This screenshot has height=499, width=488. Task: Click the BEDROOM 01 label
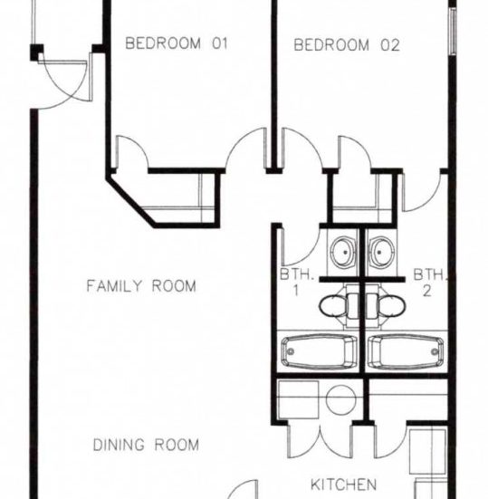point(177,43)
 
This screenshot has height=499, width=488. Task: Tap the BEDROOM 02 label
point(347,45)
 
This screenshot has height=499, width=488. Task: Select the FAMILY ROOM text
point(141,286)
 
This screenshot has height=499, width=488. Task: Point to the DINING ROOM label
point(146,445)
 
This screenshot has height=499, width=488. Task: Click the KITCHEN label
point(343,485)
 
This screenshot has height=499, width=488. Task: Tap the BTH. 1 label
point(296,283)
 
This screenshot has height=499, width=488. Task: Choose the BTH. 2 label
point(429,283)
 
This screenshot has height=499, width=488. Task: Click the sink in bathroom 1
point(343,252)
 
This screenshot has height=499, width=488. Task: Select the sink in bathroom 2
point(381,252)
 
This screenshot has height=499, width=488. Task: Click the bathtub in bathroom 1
point(319,351)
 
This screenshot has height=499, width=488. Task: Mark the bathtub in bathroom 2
point(406,351)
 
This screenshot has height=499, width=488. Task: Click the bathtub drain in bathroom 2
point(435,351)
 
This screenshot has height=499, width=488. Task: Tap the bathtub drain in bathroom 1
point(291,351)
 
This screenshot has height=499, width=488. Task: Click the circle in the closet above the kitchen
point(340,400)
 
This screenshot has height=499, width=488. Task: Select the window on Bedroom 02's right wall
point(453,31)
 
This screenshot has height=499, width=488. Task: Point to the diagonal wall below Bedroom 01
point(130,201)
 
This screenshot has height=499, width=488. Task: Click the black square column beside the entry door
point(36,52)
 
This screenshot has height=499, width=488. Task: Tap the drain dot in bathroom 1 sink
point(345,252)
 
